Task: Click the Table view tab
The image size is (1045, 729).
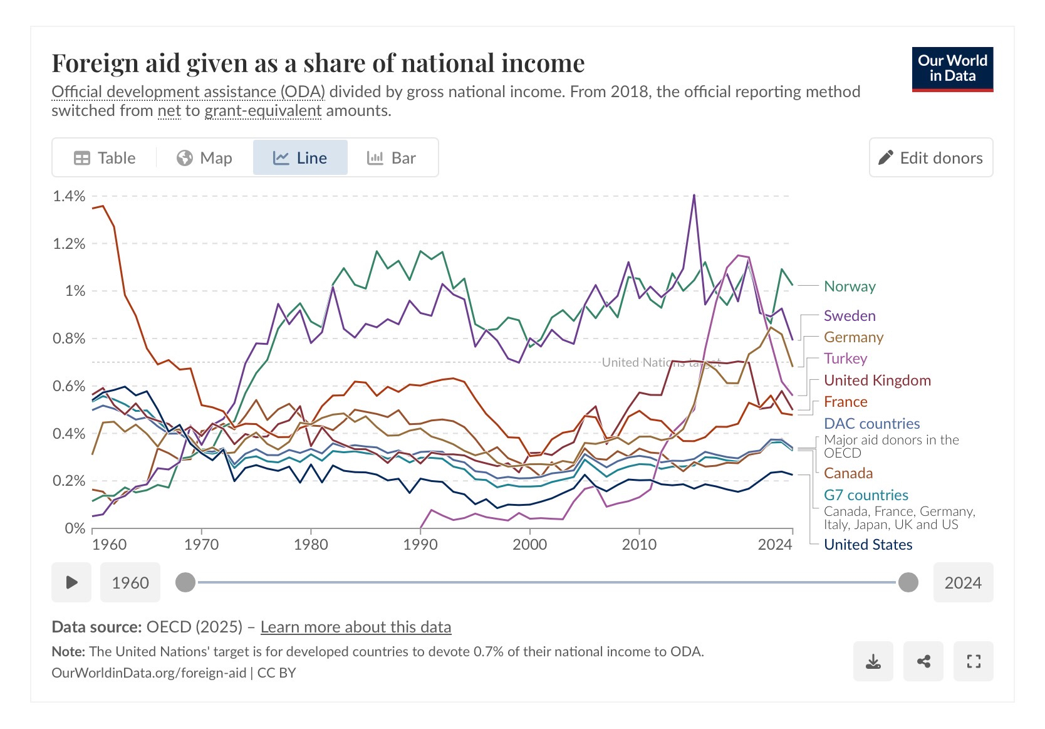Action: point(105,158)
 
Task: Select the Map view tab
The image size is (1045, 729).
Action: point(204,158)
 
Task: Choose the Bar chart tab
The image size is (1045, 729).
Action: point(392,158)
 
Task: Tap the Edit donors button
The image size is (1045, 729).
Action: point(930,158)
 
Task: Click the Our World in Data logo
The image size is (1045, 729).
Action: point(952,69)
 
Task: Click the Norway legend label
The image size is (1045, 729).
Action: point(850,286)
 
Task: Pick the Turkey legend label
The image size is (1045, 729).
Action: point(845,359)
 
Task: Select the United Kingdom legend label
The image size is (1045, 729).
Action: point(877,380)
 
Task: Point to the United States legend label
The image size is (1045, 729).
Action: point(868,545)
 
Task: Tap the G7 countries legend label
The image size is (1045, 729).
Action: point(866,495)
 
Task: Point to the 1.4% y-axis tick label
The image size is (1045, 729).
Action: point(69,196)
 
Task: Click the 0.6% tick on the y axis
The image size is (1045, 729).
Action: point(69,386)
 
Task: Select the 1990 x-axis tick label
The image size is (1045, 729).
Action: point(420,544)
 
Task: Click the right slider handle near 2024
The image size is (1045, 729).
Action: point(908,582)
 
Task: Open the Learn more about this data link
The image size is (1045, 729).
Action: point(355,627)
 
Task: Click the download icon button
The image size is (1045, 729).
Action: point(873,661)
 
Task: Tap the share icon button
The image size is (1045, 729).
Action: point(923,661)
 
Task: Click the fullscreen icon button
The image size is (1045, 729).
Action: point(973,661)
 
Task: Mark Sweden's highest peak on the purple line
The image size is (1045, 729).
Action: point(694,195)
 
